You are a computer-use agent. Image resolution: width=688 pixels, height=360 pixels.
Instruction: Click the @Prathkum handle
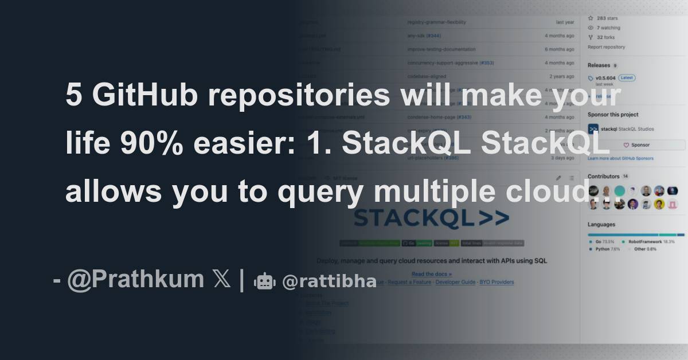coord(135,279)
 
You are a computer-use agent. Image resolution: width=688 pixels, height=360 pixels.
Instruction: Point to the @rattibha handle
coord(329,281)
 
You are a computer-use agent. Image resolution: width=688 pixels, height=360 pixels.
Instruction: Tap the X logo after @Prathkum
coord(221,279)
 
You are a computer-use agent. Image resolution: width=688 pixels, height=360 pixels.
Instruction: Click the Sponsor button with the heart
coord(636,145)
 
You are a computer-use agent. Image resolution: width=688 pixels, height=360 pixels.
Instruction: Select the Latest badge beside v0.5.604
coord(627,77)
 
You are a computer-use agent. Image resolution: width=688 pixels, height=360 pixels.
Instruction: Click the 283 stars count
coord(607,18)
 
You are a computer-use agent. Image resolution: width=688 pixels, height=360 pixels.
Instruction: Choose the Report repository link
coord(606,47)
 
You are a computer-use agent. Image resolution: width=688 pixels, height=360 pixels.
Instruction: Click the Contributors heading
coord(604,176)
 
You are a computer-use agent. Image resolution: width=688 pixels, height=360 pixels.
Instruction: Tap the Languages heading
coord(601,224)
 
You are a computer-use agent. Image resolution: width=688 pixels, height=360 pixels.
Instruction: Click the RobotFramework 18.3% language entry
coord(651,242)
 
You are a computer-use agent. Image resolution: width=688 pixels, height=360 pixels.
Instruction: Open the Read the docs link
coord(431,274)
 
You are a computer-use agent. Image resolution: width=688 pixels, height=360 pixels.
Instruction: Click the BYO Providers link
coord(497,282)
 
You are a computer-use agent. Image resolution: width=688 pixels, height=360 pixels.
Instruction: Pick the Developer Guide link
coord(456,282)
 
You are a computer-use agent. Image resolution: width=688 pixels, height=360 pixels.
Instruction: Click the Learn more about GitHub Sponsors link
coord(620,158)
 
